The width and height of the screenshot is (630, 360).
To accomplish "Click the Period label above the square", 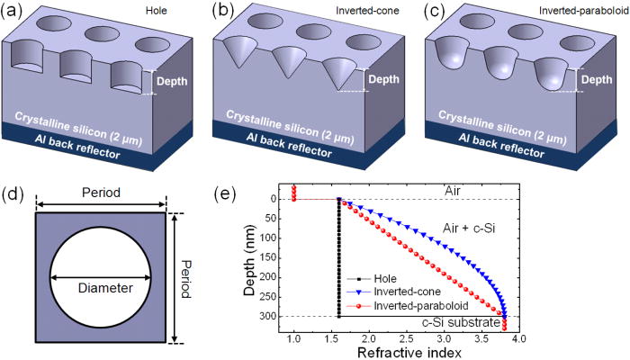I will (101, 195).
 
